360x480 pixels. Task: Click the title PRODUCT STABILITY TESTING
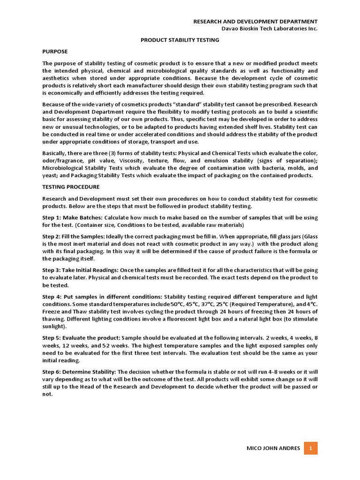180,40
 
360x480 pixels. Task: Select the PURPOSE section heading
55,51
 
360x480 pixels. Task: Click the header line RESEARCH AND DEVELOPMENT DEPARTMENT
256,22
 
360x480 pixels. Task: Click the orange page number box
310,449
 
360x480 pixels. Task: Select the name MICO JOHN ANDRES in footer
273,449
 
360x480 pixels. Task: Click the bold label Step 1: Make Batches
72,218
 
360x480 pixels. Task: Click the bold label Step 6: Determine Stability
82,372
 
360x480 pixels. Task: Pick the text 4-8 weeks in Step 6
269,372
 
